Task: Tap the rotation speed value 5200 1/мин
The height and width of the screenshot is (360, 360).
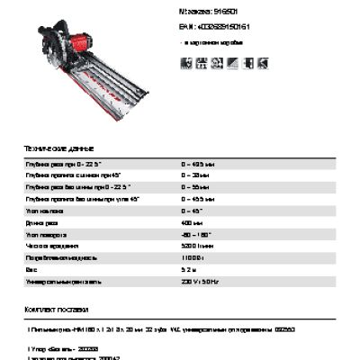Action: point(198,245)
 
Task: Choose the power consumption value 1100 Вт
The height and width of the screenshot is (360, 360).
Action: point(193,256)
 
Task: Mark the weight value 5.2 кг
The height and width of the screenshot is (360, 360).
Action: point(190,268)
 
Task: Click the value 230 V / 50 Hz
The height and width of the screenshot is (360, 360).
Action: point(199,280)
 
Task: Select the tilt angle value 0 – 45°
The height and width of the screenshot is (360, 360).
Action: point(193,211)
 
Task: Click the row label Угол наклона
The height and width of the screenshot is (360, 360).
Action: point(44,211)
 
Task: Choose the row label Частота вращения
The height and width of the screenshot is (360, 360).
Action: point(52,245)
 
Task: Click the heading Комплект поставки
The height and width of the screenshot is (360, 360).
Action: point(59,309)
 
